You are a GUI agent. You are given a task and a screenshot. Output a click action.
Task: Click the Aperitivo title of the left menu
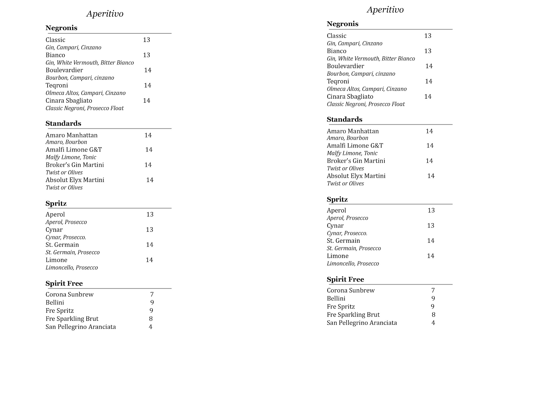[105, 14]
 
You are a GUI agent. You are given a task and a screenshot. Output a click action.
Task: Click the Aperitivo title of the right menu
[385, 10]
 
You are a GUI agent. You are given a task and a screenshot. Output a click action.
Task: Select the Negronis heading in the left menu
[61, 28]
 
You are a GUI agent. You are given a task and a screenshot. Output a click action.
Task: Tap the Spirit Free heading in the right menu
[345, 280]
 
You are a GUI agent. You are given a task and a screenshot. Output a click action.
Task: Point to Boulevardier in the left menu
[64, 70]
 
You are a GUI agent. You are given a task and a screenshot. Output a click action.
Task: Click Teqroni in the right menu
[338, 81]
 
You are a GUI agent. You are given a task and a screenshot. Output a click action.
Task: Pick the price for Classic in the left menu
[146, 40]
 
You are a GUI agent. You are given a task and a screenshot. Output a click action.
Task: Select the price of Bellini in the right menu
[433, 299]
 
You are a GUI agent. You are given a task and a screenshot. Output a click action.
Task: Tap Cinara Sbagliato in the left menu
[69, 101]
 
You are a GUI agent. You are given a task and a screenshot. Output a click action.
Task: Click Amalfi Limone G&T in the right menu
[355, 146]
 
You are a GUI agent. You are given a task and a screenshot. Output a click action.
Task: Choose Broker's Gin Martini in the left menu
[75, 165]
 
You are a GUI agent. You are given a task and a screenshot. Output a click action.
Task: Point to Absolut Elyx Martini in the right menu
[356, 176]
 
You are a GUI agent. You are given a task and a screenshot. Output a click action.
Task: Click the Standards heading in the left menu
[63, 123]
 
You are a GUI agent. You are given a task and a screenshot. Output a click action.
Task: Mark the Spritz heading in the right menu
[337, 200]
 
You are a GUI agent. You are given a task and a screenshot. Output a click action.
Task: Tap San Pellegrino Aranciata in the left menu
[81, 327]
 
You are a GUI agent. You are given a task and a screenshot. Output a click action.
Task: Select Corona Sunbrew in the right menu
[350, 291]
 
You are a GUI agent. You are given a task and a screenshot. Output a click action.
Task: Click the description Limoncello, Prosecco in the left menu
[72, 268]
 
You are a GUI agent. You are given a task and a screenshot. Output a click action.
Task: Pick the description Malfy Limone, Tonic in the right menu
[352, 153]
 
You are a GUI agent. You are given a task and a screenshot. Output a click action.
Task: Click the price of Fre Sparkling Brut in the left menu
[151, 319]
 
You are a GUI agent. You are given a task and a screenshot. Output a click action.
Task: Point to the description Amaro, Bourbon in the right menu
[347, 138]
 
